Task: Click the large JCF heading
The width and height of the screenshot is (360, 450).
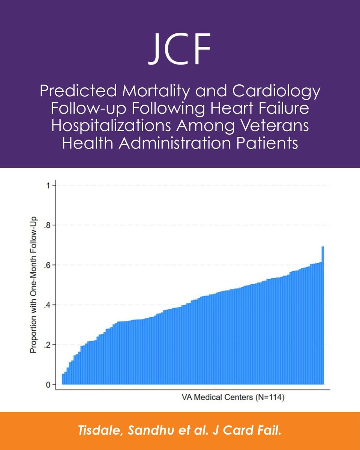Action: [180, 49]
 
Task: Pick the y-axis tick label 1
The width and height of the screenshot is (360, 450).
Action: [48, 186]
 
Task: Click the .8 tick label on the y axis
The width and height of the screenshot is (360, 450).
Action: [47, 225]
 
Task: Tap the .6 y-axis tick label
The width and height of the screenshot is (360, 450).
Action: [47, 265]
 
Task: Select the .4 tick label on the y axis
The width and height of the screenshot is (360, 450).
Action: [47, 305]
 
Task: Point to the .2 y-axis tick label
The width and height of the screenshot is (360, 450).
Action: [47, 345]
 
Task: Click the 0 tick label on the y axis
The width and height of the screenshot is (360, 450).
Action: [48, 384]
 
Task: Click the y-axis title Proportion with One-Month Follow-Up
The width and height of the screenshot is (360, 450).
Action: [33, 285]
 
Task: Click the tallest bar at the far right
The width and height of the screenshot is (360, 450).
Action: [323, 315]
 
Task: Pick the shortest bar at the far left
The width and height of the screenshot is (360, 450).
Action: [63, 379]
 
